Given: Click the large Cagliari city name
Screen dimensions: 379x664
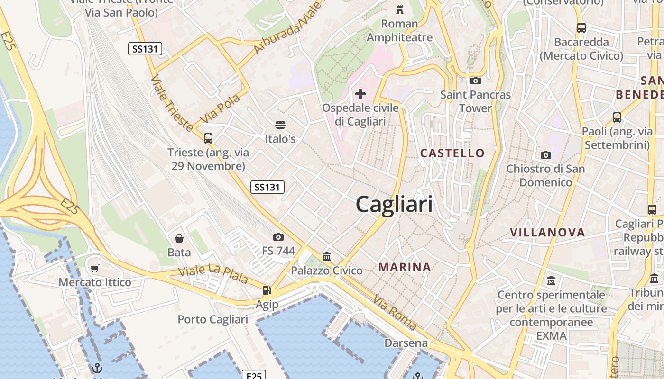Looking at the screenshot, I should pyautogui.click(x=394, y=205).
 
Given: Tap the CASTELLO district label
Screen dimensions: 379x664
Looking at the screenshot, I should pyautogui.click(x=452, y=153).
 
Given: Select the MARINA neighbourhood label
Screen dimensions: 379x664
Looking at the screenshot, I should pyautogui.click(x=405, y=267).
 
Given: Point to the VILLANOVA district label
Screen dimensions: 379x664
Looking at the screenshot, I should pyautogui.click(x=547, y=232).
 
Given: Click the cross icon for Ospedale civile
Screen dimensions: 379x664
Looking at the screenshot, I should pyautogui.click(x=360, y=94).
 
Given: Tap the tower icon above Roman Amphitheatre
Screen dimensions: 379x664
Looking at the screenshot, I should pyautogui.click(x=400, y=9).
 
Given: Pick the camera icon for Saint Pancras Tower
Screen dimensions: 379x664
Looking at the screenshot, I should pyautogui.click(x=475, y=81).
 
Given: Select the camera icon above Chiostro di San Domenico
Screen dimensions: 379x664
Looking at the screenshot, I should pyautogui.click(x=545, y=155).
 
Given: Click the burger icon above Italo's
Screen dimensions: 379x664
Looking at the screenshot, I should pyautogui.click(x=280, y=125).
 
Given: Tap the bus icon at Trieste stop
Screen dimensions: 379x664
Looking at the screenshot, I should pyautogui.click(x=208, y=138).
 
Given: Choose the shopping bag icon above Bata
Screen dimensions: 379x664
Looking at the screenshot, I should pyautogui.click(x=179, y=238).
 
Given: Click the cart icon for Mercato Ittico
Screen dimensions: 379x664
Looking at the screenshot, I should pyautogui.click(x=95, y=269).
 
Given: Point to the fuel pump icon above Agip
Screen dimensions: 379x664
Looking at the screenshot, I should pyautogui.click(x=267, y=290).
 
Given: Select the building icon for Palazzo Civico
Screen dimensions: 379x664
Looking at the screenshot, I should pyautogui.click(x=327, y=257).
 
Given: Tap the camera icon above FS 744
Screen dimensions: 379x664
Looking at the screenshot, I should pyautogui.click(x=278, y=237).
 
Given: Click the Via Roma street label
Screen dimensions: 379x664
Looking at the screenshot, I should pyautogui.click(x=395, y=312).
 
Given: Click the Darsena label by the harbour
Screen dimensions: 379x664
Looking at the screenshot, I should pyautogui.click(x=406, y=343).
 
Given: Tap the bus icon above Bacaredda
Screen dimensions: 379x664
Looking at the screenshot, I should pyautogui.click(x=581, y=28).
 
